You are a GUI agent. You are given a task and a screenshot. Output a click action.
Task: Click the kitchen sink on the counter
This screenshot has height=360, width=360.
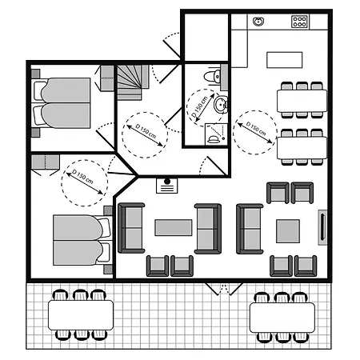pos(258,22)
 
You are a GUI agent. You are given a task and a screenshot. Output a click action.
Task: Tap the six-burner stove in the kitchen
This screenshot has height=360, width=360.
pos(299,22)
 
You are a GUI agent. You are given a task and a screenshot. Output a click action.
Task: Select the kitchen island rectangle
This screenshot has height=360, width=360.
pos(285,60)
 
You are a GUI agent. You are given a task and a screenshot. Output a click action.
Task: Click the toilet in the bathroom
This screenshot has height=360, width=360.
pos(213,76)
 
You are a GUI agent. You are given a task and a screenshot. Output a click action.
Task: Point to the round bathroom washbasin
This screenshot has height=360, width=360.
pos(220,104)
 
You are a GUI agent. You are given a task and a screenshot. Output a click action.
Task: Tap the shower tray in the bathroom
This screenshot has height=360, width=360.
pos(216,134)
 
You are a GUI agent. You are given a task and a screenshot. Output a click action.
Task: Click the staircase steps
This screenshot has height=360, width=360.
pos(133,82)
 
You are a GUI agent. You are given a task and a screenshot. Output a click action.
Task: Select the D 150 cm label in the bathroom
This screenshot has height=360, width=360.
pos(200,106)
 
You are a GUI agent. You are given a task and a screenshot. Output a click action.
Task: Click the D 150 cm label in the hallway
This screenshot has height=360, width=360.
pos(146,131)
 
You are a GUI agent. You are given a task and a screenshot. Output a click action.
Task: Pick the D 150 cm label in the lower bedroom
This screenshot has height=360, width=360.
pos(83,177)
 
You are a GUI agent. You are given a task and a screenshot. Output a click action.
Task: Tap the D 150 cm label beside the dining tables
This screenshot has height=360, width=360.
pos(256,129)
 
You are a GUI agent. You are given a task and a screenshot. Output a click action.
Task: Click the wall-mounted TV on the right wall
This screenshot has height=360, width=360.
pos(322,227)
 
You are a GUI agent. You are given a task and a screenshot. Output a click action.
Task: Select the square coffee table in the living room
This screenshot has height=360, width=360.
pos(288,231)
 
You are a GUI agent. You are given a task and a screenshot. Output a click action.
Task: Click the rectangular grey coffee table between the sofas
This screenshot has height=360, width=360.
pos(174,227)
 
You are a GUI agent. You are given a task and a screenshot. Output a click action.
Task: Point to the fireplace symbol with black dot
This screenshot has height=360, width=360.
pos(167,186)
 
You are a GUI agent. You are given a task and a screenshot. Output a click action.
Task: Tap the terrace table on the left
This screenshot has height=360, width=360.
pos(81,315)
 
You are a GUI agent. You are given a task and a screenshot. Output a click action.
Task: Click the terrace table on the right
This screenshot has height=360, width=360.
pos(282,318)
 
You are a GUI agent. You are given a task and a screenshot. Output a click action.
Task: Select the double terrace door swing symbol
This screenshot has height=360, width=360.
pos(223,289)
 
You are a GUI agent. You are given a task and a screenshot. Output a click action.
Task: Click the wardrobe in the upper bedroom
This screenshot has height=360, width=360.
pos(107,78)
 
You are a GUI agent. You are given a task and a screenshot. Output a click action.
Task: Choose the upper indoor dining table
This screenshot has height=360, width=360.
pos(302,101)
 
